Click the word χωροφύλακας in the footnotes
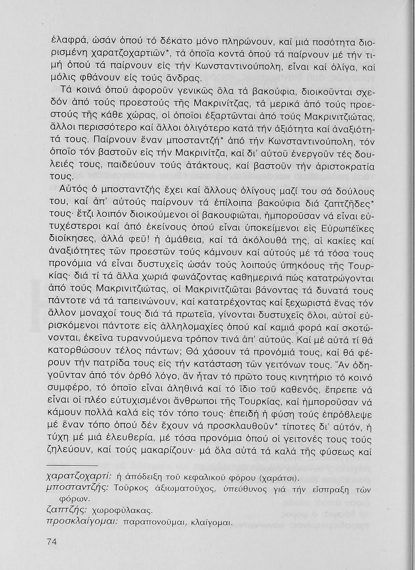[x=123, y=510]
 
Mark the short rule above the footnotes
[x=72, y=464]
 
